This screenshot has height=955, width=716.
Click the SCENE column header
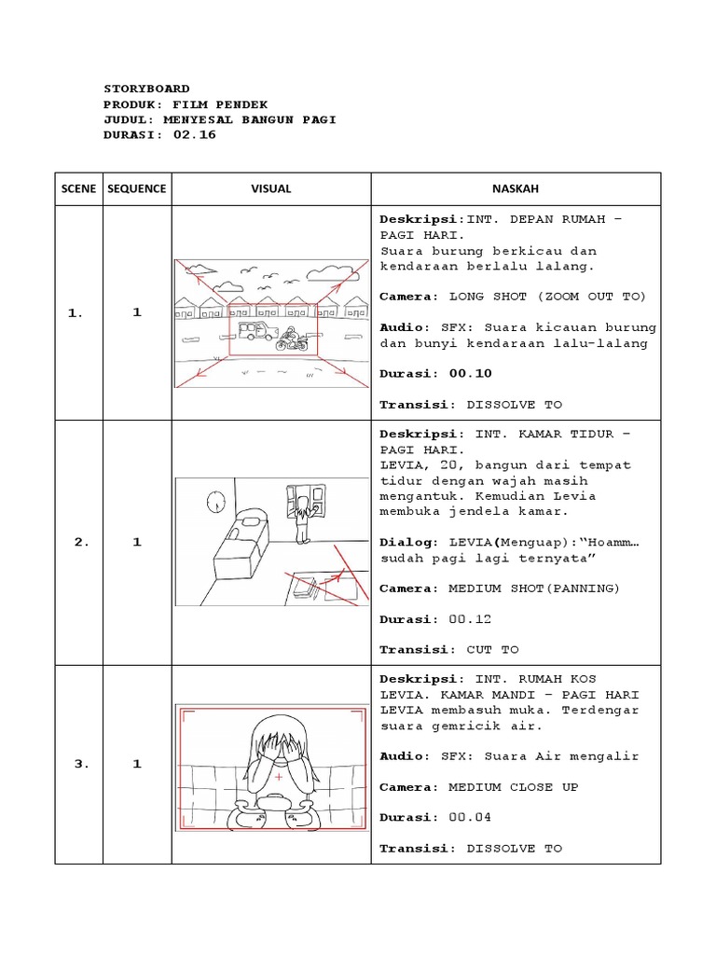[x=78, y=188]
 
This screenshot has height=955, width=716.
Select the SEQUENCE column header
[x=136, y=188]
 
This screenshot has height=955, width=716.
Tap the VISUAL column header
[x=271, y=188]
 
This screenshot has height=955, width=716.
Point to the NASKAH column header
[x=515, y=188]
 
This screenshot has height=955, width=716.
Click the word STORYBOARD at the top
[x=146, y=89]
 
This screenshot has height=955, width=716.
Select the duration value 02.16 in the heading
[x=194, y=134]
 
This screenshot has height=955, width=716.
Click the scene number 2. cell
[x=78, y=542]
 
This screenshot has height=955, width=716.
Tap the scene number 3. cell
[x=78, y=765]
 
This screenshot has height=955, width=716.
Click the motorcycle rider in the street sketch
[x=292, y=339]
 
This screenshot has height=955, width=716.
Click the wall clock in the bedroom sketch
[x=216, y=502]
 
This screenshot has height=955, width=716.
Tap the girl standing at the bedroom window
[x=302, y=519]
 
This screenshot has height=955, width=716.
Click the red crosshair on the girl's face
[x=278, y=777]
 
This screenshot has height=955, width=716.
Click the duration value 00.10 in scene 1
[x=470, y=373]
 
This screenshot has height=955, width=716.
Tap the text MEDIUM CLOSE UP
[x=513, y=787]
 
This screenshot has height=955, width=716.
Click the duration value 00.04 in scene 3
[x=470, y=818]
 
